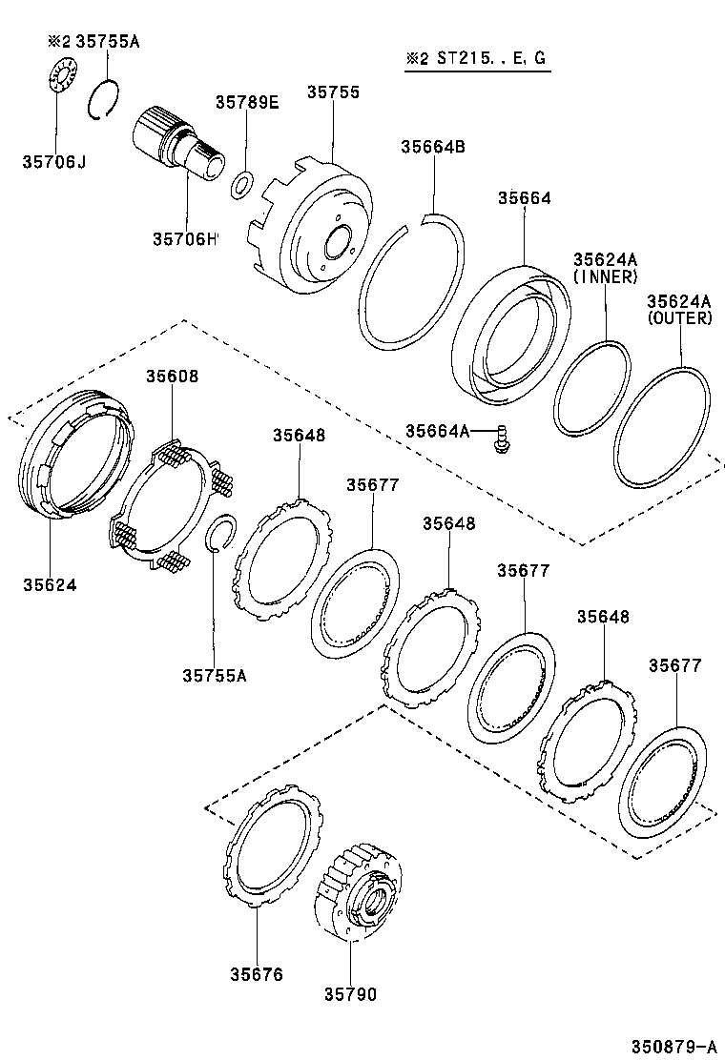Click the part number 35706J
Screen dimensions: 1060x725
pyautogui.click(x=54, y=162)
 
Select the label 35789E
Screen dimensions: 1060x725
pyautogui.click(x=246, y=102)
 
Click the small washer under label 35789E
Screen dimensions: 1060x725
pyautogui.click(x=243, y=182)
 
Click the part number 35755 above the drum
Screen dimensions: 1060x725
pyautogui.click(x=333, y=92)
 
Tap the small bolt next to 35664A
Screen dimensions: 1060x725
pyautogui.click(x=498, y=440)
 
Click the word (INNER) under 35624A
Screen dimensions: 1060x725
pyautogui.click(x=605, y=276)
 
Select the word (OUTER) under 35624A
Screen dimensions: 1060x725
pyautogui.click(x=679, y=318)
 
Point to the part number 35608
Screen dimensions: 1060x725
pyautogui.click(x=172, y=376)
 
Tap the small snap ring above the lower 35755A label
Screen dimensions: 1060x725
pyautogui.click(x=221, y=535)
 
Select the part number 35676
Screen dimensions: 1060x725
pyautogui.click(x=257, y=973)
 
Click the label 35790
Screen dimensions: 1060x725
pyautogui.click(x=350, y=994)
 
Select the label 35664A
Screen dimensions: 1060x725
pyautogui.click(x=437, y=431)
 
